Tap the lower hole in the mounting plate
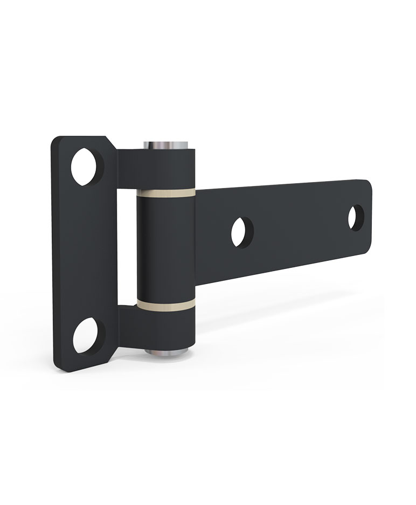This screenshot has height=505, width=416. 86,335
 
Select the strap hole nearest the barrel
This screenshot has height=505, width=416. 242,231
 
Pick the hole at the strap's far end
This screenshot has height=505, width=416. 356,217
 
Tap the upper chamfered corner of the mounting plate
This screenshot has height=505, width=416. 110,143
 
